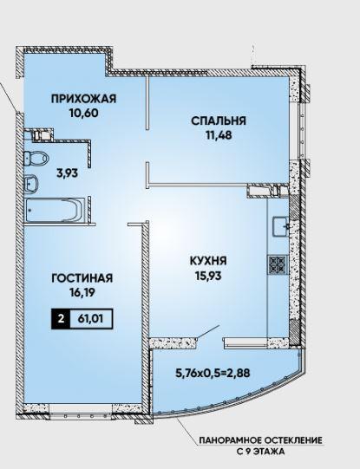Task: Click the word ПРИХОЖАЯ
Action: (83, 99)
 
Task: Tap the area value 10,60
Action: (83, 114)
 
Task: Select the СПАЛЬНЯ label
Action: (219, 121)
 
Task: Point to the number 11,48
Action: (219, 135)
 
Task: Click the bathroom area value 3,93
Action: (68, 173)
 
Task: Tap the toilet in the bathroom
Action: (36, 158)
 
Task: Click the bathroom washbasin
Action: (31, 184)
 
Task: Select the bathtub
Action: (55, 210)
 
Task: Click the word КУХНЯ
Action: (208, 261)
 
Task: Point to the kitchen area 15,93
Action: (208, 276)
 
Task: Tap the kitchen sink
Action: (281, 226)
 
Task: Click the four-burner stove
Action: (278, 265)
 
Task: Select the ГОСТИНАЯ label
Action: (82, 278)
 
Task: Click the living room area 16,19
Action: (82, 293)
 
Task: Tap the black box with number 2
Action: (61, 319)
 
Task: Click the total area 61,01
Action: (91, 319)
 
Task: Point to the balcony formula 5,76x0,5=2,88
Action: (213, 373)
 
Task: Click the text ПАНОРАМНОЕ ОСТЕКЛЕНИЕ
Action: (260, 440)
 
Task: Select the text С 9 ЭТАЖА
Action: (260, 452)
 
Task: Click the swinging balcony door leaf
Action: (208, 333)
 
